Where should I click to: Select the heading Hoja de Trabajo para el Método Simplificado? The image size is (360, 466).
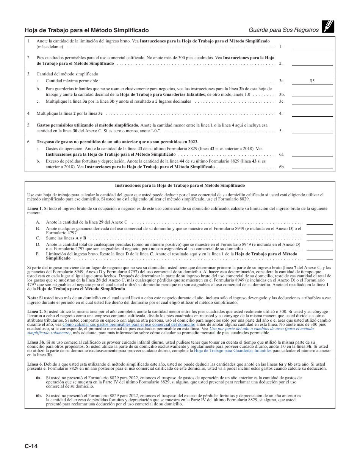click(87, 30)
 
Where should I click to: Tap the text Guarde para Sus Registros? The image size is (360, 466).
click(284, 30)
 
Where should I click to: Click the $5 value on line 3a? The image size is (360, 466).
click(312, 81)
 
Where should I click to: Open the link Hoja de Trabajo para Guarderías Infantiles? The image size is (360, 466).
click(232, 351)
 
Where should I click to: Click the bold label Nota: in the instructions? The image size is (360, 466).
click(33, 298)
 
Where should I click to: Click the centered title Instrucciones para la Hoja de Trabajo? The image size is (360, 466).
click(180, 186)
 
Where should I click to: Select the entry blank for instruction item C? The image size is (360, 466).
click(319, 238)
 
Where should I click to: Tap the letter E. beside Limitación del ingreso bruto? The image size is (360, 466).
click(38, 254)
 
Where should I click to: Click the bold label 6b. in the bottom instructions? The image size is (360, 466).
click(39, 395)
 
